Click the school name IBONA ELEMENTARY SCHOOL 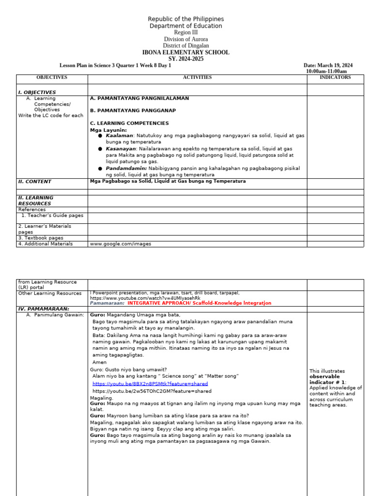186,53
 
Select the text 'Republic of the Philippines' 186,19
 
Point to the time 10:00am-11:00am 326,71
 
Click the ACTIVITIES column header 197,77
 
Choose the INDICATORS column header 335,77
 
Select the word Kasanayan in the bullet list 121,149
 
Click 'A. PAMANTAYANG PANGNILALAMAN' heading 139,98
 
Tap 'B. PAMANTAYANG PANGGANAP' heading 133,110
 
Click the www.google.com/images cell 121,244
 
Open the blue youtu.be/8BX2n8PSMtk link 150,384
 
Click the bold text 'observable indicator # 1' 325,379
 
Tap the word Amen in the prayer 99,362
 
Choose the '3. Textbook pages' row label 41,238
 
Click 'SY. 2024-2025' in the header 186,59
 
